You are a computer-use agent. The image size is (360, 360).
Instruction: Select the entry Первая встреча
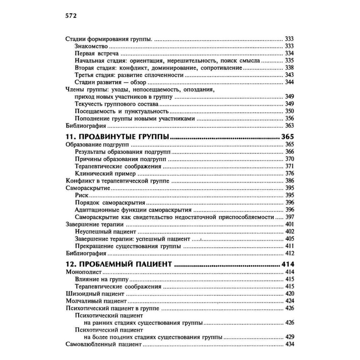(95, 53)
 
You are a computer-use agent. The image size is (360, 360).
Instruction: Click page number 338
(289, 68)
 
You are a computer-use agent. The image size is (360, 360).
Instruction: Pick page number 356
(289, 118)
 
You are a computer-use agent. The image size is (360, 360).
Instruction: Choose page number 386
(289, 181)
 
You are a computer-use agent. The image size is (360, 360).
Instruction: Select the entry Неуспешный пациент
(105, 231)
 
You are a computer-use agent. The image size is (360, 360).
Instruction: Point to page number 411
(289, 246)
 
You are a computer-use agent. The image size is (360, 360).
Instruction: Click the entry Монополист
(84, 272)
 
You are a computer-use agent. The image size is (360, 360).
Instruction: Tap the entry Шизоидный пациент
(94, 294)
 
